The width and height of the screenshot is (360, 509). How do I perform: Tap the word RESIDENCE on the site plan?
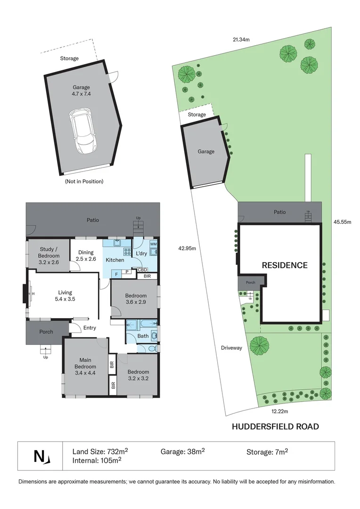(x=284, y=265)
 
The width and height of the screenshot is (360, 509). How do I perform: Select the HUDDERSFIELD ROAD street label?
(x=275, y=427)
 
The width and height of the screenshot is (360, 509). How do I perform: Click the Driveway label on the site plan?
(x=231, y=348)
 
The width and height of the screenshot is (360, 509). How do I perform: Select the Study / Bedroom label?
(x=49, y=259)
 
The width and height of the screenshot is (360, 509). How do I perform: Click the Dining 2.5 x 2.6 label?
(x=86, y=255)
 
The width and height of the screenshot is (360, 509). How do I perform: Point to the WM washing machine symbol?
(x=153, y=244)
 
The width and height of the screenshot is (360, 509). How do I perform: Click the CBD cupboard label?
(x=143, y=270)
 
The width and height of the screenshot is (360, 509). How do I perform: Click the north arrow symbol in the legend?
(x=41, y=456)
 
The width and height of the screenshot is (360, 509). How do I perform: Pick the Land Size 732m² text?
(x=100, y=451)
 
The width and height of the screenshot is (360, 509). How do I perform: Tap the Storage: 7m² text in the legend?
(x=267, y=452)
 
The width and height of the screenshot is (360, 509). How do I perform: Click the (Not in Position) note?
(x=84, y=181)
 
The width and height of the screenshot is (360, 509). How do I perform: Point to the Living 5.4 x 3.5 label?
(x=65, y=295)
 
